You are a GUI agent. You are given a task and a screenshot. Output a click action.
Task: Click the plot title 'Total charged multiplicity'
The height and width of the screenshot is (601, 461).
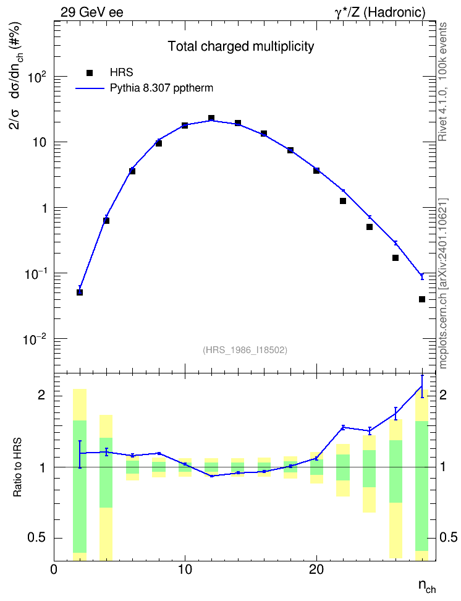pos(241,46)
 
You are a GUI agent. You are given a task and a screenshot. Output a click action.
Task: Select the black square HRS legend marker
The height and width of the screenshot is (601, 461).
pos(90,73)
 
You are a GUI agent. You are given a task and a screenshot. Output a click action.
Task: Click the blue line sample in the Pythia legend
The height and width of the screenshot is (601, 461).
pos(90,88)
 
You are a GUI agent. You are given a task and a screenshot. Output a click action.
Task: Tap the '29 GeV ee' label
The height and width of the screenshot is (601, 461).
pos(92,12)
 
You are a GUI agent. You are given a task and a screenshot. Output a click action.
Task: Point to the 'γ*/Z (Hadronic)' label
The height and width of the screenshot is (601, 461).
pos(380,12)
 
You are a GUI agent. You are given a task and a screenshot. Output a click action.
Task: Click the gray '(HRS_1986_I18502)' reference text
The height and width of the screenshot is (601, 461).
pos(245,349)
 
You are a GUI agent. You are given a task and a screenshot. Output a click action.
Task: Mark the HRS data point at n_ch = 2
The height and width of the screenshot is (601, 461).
pos(80,292)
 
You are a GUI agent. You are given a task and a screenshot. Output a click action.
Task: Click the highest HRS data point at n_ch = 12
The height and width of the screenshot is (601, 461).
pos(211,118)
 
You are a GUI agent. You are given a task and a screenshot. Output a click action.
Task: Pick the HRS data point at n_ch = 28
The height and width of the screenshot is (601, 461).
pos(422,299)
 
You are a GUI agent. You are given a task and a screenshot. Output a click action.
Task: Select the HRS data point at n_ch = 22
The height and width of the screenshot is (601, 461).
pos(343,201)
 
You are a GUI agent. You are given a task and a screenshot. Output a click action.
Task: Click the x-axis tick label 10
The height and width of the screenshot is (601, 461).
pos(185,569)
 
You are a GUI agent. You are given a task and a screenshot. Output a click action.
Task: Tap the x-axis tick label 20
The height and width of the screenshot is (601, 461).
pos(316,569)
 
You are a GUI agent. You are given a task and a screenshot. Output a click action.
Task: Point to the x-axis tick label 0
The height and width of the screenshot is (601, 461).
pos(54,569)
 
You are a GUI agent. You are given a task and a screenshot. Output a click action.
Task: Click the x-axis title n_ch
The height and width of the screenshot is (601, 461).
pos(427,586)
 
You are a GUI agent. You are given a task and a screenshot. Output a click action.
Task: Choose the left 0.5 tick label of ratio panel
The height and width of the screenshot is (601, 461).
pos(36,538)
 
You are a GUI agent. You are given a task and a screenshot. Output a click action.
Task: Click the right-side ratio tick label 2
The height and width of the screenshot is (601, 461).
pos(442,395)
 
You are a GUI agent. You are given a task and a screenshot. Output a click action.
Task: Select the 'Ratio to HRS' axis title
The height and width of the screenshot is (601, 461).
pos(18,467)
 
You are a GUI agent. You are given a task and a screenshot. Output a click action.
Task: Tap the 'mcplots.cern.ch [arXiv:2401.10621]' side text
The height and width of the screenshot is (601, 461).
pos(443,284)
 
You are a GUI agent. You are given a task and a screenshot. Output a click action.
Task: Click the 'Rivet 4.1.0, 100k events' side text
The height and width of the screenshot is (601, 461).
pos(442,82)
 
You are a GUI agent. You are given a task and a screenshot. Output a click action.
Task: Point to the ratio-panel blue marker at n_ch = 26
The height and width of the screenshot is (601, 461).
pos(395,414)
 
